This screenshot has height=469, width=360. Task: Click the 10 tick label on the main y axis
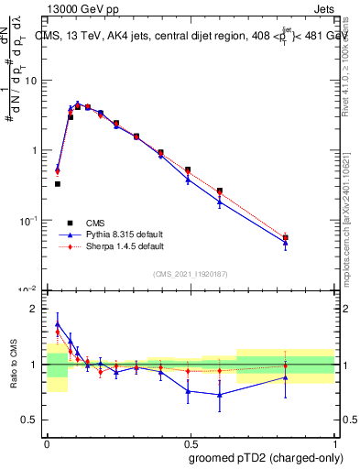click(x=32, y=81)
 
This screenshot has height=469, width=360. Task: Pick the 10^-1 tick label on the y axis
click(x=29, y=220)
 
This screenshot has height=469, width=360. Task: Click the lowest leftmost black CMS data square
click(x=58, y=184)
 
